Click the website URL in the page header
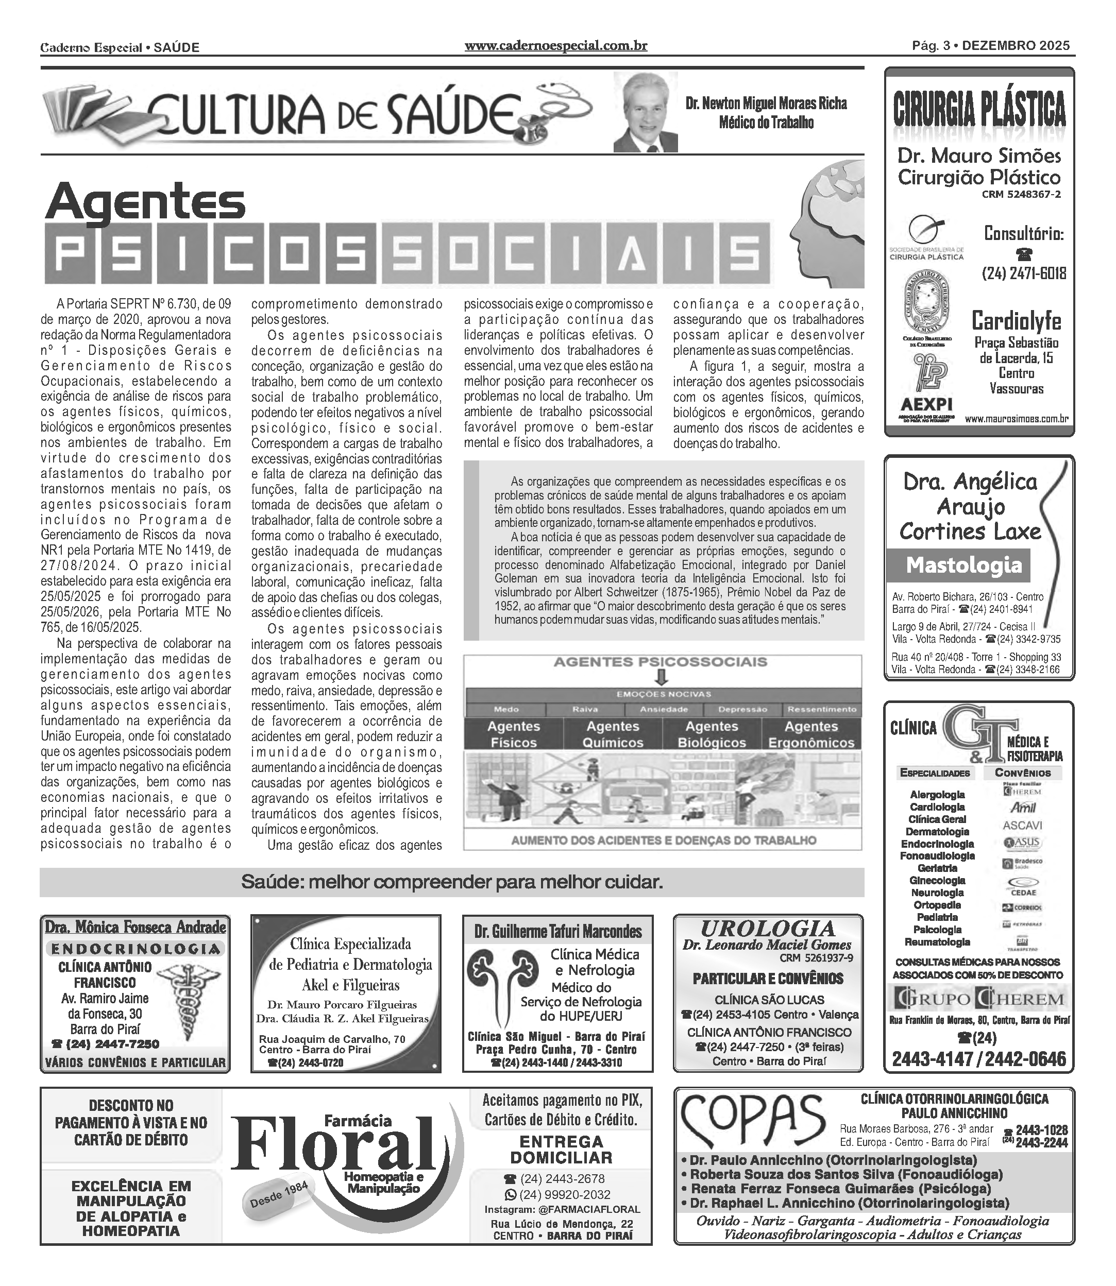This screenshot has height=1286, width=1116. (x=555, y=46)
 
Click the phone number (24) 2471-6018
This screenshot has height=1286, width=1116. (x=1024, y=273)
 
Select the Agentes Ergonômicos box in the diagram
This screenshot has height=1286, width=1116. (x=811, y=734)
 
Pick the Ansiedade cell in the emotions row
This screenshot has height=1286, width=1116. (x=664, y=710)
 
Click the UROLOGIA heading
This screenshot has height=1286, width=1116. (x=768, y=929)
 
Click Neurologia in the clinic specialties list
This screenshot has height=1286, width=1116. (x=937, y=893)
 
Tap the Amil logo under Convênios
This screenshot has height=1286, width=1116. (x=1023, y=808)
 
